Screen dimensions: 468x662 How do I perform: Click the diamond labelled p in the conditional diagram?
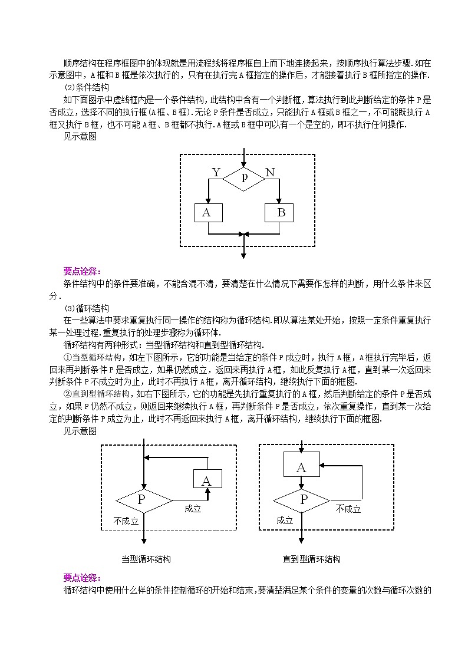(244, 178)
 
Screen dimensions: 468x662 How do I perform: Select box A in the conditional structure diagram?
(207, 213)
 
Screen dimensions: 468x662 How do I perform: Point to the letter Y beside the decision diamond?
(216, 172)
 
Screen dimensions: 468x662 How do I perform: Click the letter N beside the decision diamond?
(270, 172)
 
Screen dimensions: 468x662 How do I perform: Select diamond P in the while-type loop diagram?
(143, 501)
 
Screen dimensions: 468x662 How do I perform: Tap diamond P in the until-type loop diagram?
(302, 500)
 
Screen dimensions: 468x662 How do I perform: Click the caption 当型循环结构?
(146, 559)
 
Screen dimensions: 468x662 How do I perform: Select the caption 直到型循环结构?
(311, 559)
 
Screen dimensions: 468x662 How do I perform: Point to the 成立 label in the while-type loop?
(192, 508)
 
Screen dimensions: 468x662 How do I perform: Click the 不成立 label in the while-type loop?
(126, 521)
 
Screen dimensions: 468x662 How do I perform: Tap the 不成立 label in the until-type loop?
(348, 509)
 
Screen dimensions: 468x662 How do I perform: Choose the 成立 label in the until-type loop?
(284, 521)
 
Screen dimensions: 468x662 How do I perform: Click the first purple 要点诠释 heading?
(83, 271)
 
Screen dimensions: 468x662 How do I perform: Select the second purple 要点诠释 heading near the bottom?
(83, 578)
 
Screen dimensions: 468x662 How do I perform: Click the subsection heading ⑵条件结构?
(86, 87)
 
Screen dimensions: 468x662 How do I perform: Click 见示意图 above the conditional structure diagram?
(80, 137)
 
